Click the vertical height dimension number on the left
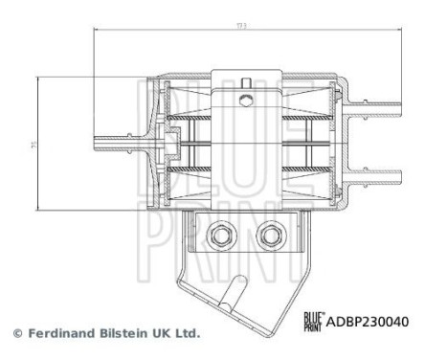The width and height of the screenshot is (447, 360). [x=32, y=145]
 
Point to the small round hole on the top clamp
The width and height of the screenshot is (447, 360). [x=248, y=98]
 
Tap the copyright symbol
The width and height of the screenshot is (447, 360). [x=16, y=334]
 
